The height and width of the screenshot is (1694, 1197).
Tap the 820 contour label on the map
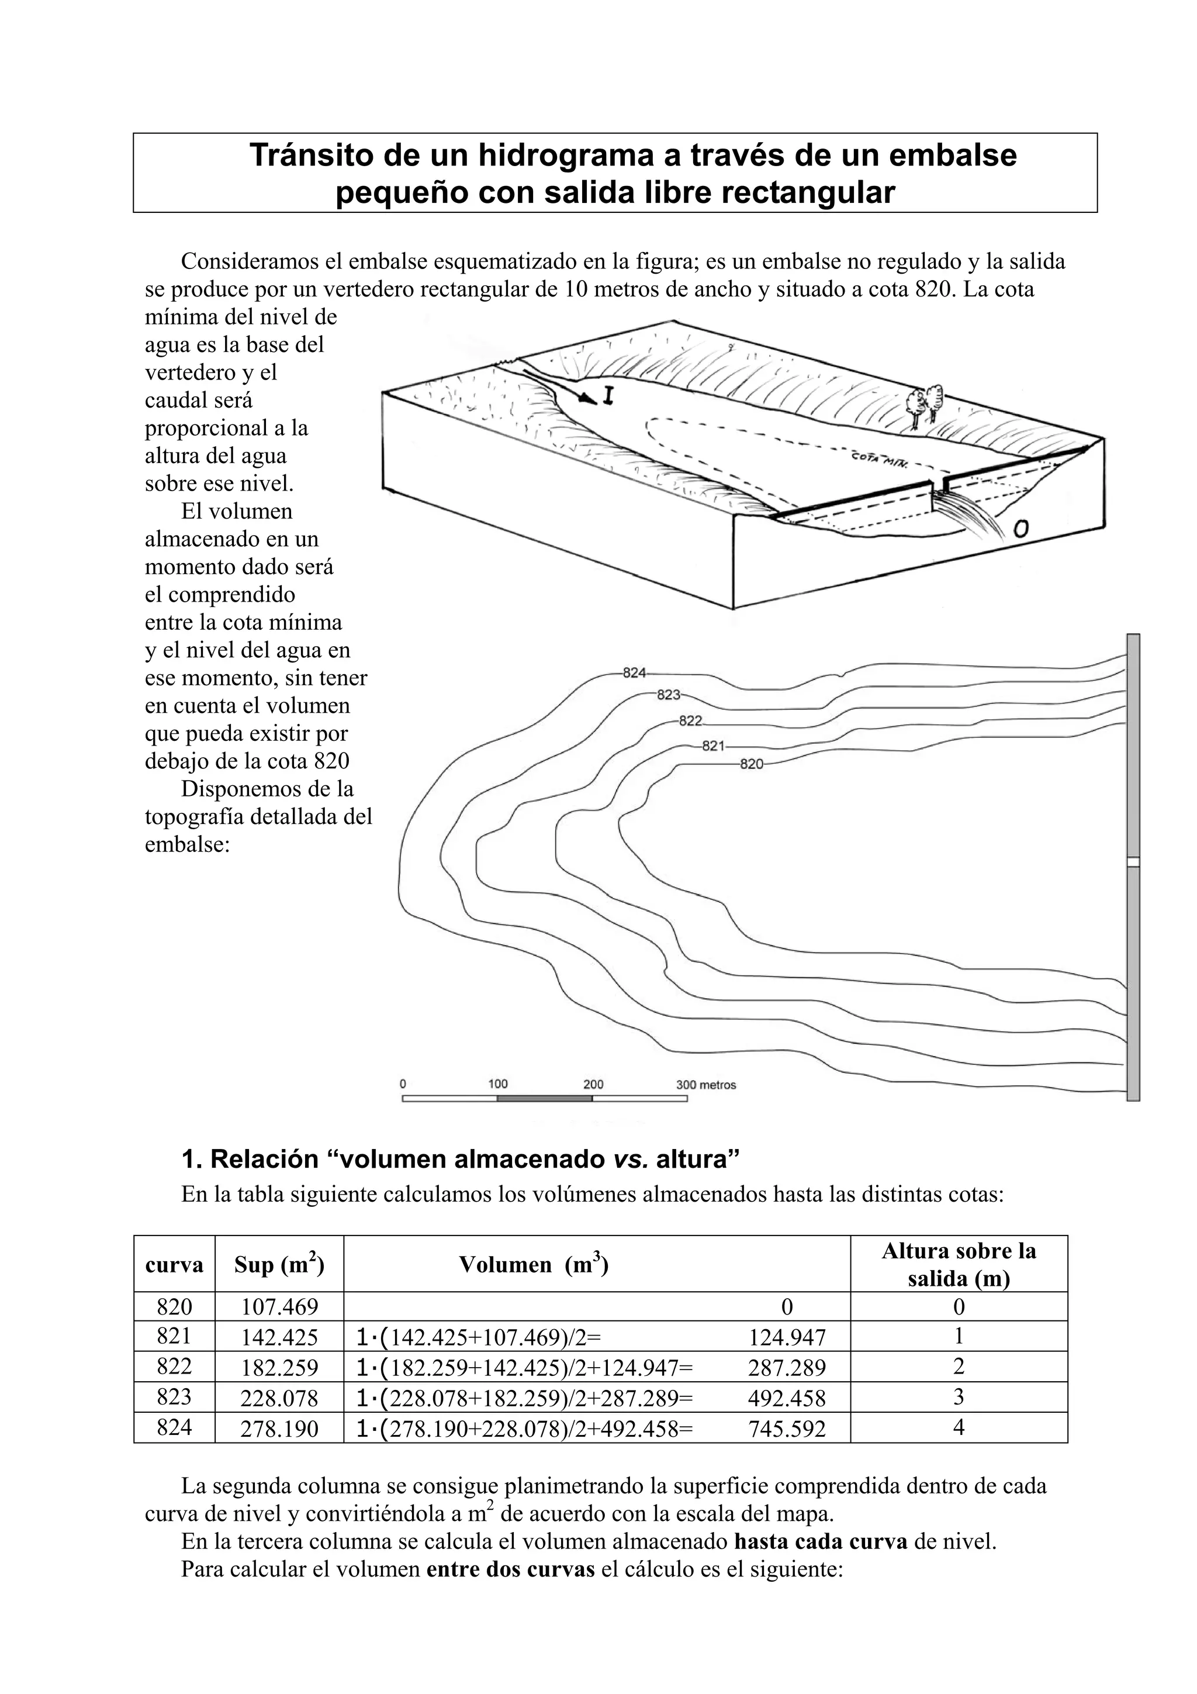(752, 764)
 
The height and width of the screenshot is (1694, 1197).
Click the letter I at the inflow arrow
(608, 396)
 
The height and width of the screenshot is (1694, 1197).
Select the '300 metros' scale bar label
(706, 1085)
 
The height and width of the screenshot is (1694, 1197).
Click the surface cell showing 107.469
(279, 1307)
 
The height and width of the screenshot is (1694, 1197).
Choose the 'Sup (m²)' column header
(279, 1265)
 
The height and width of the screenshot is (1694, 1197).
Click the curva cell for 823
(174, 1397)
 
